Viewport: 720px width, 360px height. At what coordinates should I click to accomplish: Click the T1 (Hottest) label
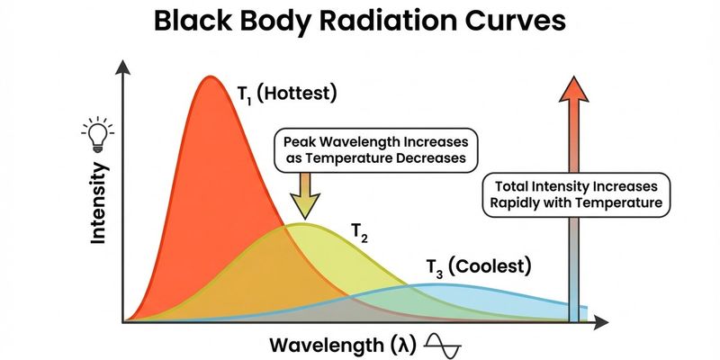(x=287, y=92)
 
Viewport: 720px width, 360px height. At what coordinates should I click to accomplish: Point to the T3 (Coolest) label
(x=479, y=266)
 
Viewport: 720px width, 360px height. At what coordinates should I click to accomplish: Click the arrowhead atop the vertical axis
(x=122, y=64)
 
